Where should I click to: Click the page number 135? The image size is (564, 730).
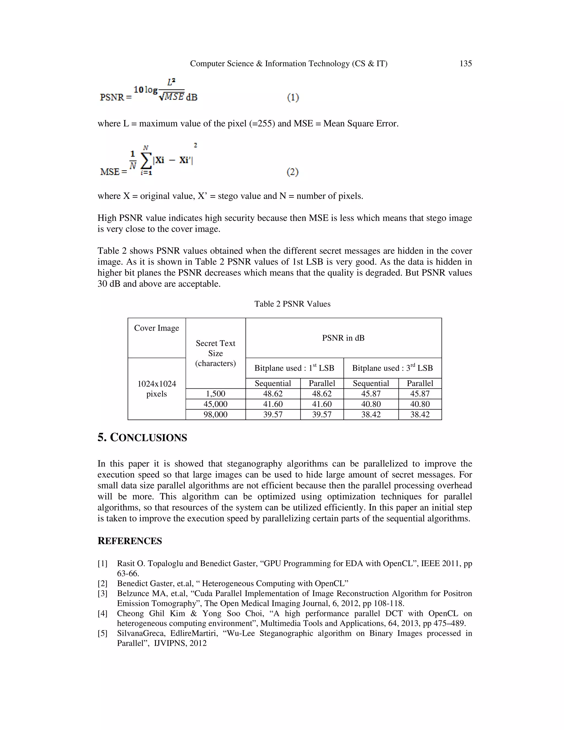[465, 64]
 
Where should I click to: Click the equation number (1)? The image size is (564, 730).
[293, 97]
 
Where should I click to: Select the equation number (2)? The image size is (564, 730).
[292, 172]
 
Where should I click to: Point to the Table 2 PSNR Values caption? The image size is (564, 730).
[292, 304]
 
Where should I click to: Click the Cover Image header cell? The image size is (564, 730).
[156, 328]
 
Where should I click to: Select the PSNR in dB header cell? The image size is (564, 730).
[343, 338]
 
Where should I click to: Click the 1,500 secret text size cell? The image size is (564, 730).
[216, 394]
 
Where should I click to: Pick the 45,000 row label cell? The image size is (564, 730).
[216, 404]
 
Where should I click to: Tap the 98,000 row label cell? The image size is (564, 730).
[216, 415]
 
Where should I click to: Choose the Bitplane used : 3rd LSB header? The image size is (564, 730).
[392, 368]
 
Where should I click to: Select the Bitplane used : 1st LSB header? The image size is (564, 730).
[294, 368]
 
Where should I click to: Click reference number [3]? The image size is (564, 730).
[102, 594]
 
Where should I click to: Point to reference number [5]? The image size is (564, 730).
[102, 633]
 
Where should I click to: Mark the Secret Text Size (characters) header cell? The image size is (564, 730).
[216, 353]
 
